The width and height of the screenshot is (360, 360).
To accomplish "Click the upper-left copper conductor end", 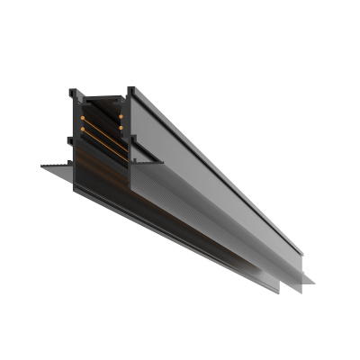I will (x=84, y=118).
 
